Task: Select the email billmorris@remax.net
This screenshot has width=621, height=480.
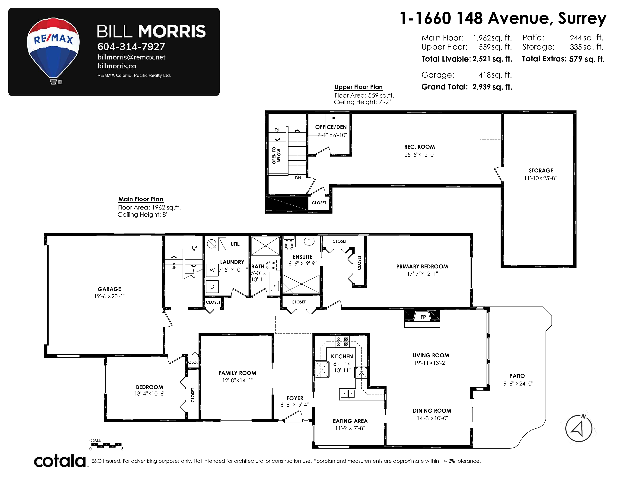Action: [131, 57]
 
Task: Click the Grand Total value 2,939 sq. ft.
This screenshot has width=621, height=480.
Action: [492, 87]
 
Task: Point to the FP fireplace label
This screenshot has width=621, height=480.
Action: [423, 317]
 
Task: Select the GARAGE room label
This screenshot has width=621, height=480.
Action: [110, 289]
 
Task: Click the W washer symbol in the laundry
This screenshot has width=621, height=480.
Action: [212, 270]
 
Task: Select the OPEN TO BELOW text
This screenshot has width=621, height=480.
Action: [276, 155]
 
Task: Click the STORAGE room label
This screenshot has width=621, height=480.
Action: [541, 171]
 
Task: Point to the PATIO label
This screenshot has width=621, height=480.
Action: [517, 376]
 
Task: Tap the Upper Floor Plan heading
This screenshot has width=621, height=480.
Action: [358, 87]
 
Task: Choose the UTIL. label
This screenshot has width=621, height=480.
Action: [235, 244]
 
